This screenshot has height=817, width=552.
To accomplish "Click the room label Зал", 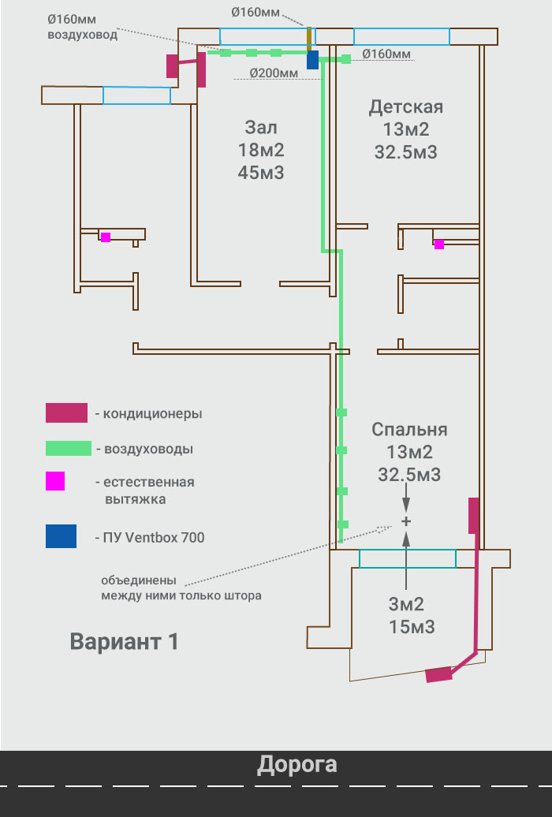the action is pos(261,127).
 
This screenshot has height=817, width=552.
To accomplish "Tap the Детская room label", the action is pos(406,106).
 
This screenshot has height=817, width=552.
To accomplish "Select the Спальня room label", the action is pos(409,429).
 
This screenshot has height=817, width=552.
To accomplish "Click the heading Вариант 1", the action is pos(124,641).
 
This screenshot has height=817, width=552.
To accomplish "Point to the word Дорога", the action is pos(297,765).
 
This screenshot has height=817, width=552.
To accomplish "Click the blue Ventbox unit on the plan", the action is pos(312,59).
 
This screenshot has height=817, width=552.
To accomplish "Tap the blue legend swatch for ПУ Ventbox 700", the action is pos(61,536).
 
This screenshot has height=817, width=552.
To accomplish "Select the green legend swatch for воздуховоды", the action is pos(69,449).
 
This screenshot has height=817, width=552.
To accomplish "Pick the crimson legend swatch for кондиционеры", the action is pos(67,412).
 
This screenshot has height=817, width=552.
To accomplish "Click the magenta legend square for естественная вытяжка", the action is pos(55,481).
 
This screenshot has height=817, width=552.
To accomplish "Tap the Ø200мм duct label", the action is pos(274,73).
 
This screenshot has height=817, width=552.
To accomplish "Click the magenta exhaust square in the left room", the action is pos(106,237).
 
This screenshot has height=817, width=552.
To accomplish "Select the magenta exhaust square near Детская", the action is pos(439,244).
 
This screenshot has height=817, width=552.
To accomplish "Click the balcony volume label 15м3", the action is pos(412,627).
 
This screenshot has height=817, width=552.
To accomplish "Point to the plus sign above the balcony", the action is pos(406,521).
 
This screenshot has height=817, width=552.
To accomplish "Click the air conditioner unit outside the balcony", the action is pos(438,674).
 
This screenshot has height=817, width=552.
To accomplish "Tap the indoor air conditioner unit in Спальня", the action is pos(473,515).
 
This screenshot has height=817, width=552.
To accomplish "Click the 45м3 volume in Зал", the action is pos(261,173).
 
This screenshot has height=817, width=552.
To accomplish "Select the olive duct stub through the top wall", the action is pos(309,39).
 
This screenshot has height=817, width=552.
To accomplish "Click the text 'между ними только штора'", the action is pos(181,595).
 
